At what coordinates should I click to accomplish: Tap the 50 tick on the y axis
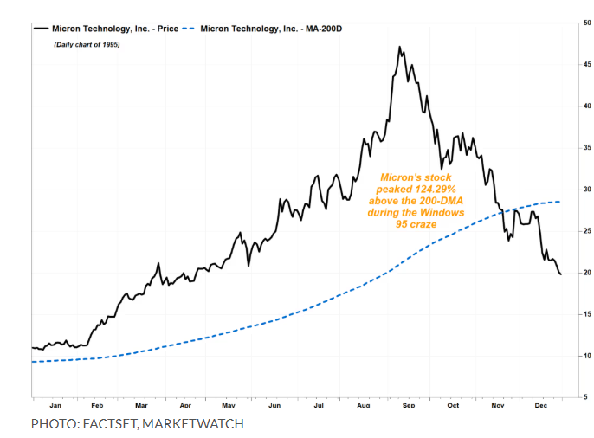point(587,23)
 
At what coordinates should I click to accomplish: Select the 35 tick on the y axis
point(587,147)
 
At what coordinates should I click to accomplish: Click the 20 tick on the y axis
point(587,273)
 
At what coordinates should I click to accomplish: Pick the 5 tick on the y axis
point(587,397)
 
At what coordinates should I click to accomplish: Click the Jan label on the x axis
point(55,404)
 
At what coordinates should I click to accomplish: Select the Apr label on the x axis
point(185,404)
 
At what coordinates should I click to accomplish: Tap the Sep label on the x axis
point(409,404)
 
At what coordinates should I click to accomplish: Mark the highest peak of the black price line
point(399,47)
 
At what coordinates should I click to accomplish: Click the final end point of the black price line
point(560,274)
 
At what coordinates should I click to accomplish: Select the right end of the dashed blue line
point(560,202)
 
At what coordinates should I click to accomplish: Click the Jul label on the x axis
point(320,404)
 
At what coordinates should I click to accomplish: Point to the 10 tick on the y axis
point(587,356)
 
